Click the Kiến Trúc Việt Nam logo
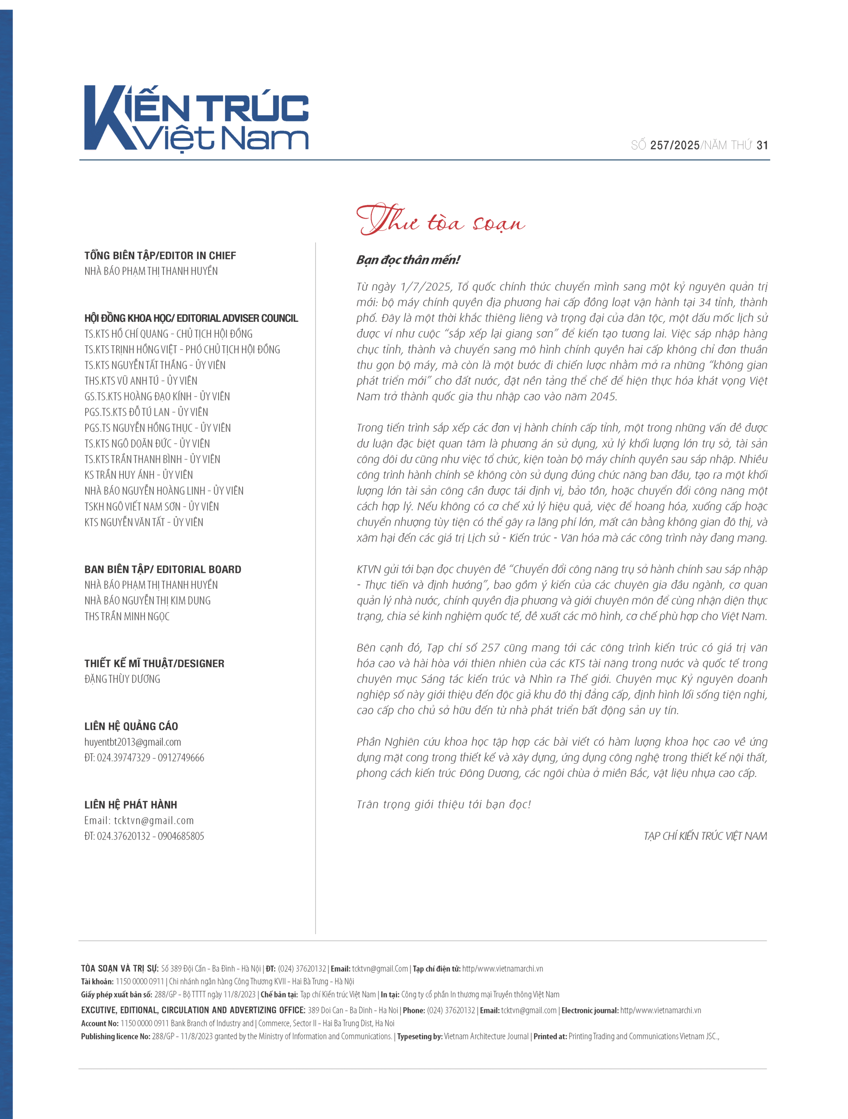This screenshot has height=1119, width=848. click(196, 118)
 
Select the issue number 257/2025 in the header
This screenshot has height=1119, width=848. click(674, 146)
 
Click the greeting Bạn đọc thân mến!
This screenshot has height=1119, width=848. click(408, 260)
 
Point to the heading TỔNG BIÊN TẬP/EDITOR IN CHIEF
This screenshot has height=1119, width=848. click(160, 255)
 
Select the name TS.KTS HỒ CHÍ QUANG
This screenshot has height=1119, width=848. click(126, 334)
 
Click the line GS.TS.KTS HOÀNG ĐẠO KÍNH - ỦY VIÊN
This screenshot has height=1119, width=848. click(157, 396)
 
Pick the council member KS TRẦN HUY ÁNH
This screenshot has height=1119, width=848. click(119, 475)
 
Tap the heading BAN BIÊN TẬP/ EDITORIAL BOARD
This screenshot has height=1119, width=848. click(163, 569)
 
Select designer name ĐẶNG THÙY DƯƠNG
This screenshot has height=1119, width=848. click(122, 679)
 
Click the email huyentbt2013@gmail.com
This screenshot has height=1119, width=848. click(132, 742)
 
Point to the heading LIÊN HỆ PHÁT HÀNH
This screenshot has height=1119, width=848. click(131, 805)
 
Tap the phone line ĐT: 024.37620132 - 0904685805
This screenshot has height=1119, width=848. click(144, 836)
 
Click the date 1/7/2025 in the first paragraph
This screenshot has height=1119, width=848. click(425, 287)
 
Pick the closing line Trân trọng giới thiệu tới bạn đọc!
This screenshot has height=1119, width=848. click(444, 804)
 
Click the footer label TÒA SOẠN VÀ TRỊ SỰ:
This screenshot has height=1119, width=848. click(120, 969)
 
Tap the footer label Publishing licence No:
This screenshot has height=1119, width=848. click(115, 1036)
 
